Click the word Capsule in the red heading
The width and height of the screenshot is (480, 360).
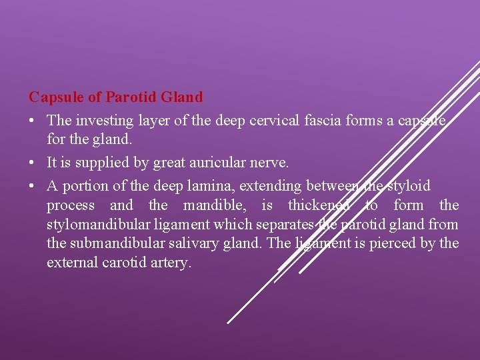(x=56, y=97)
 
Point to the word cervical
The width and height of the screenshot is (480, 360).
(x=273, y=120)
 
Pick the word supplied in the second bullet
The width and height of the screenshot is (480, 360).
(x=105, y=163)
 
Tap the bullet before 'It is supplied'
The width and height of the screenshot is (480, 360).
(x=33, y=163)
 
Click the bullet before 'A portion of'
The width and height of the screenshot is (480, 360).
(x=33, y=185)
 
